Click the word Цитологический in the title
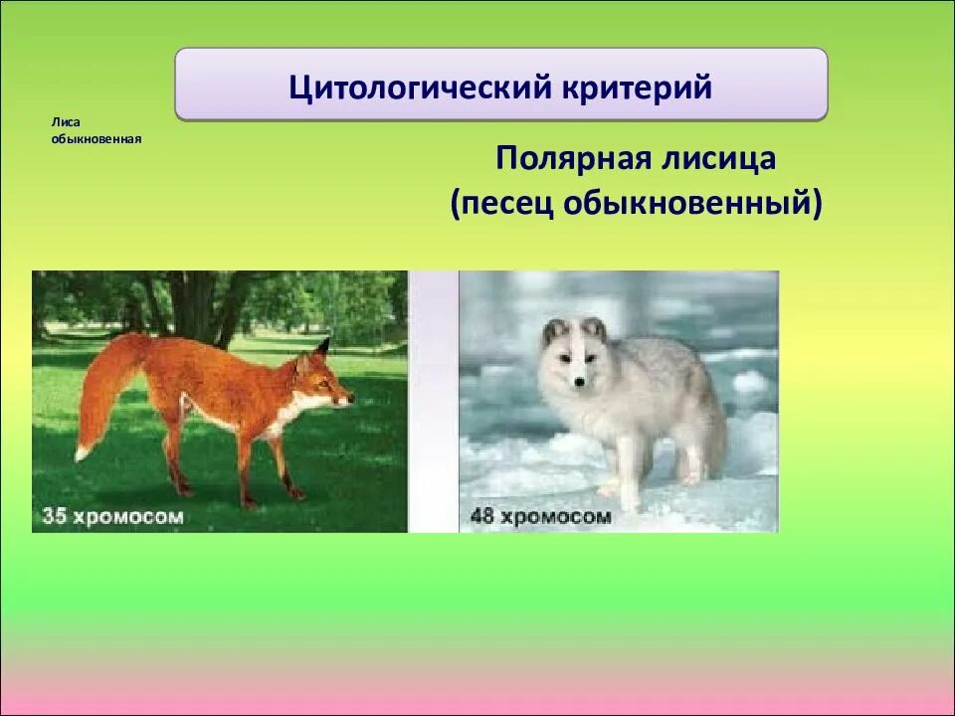pyautogui.click(x=420, y=88)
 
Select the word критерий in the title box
pyautogui.click(x=637, y=88)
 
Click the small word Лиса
pyautogui.click(x=66, y=122)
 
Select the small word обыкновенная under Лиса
pyautogui.click(x=96, y=139)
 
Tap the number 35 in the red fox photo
pyautogui.click(x=54, y=516)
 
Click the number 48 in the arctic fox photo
pyautogui.click(x=481, y=516)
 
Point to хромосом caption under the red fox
pyautogui.click(x=128, y=517)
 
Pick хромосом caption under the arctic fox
pyautogui.click(x=555, y=517)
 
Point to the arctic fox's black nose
pyautogui.click(x=579, y=382)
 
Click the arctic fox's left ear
pyautogui.click(x=554, y=333)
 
